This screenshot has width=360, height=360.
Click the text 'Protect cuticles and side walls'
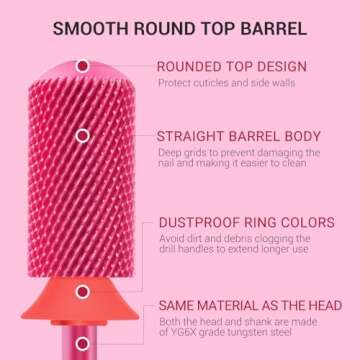[x=226, y=83]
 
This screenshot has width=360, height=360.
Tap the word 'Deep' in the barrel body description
[x=169, y=152]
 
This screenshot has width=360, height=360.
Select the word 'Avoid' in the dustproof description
[x=170, y=238]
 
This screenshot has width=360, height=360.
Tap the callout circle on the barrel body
[x=83, y=135]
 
